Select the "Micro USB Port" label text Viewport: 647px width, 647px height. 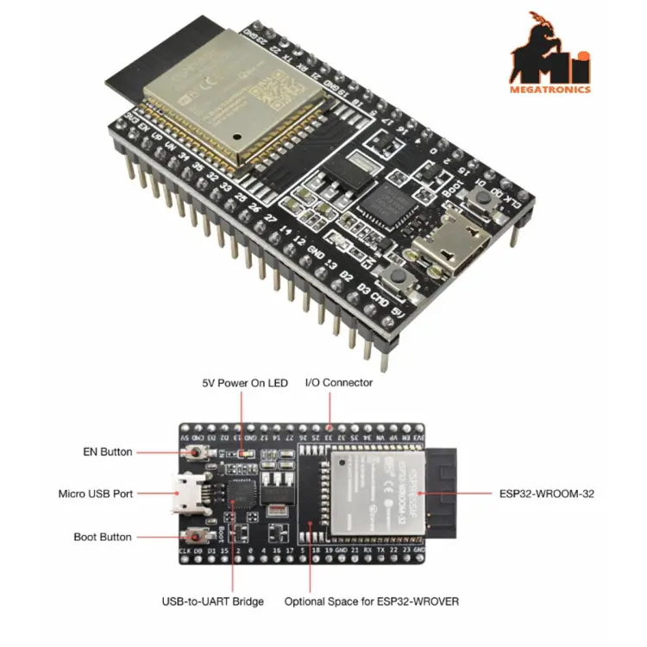[96, 493]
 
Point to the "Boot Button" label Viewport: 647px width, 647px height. [104, 537]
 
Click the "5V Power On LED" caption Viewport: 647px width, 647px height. [244, 382]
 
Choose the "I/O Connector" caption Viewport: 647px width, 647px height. [339, 382]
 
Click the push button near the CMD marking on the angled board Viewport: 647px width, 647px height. [399, 278]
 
